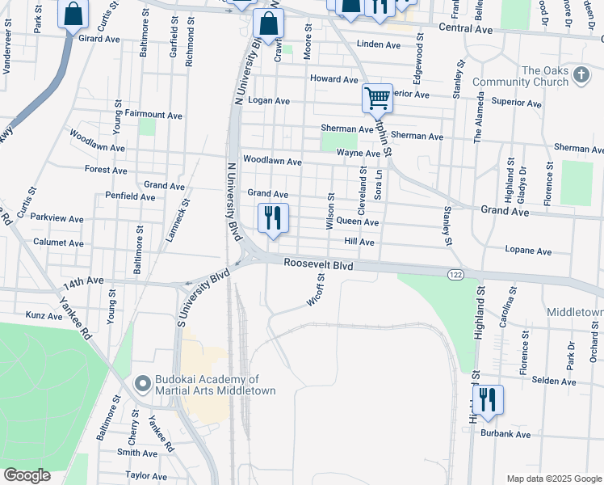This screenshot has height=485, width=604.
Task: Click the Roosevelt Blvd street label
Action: coord(319,264)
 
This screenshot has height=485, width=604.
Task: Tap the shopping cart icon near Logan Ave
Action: coord(377,99)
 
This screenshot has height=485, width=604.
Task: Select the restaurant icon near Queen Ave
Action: coord(273,218)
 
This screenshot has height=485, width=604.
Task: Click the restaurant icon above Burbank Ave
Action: coord(488,400)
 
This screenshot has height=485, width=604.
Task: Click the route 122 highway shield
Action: coord(455,276)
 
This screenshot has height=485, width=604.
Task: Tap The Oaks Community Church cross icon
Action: coord(581,76)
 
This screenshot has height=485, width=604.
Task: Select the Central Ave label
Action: coord(465,29)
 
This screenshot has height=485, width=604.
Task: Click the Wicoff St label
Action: coord(316,289)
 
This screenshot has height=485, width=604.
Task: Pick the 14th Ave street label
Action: coord(84,280)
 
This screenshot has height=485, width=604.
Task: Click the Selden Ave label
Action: coord(554,380)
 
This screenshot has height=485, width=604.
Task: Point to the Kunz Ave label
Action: coord(44,315)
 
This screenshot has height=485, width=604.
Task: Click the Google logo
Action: coord(27,475)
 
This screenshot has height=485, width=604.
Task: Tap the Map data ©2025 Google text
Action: coord(553,479)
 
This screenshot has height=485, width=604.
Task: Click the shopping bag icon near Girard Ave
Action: coord(73,15)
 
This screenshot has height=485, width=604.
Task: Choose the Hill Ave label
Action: coord(359,242)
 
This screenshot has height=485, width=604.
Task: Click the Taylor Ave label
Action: coord(146,476)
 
